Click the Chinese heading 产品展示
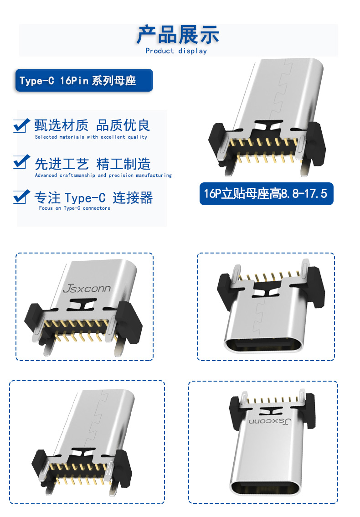coord(178,35)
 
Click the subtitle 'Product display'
coord(176,51)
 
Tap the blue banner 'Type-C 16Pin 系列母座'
coord(84,80)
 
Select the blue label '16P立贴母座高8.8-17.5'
coord(267,194)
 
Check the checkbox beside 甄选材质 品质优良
coord(21,126)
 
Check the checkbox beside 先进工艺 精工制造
coord(21,161)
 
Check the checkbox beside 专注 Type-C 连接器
coord(21,197)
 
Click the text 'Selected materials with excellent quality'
coord(91,137)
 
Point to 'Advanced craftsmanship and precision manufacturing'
coord(103,175)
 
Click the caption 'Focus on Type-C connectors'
coord(74,208)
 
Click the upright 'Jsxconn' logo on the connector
coord(87,289)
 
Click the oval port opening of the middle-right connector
coord(263,346)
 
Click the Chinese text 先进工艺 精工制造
coord(93,164)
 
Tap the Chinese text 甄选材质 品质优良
coord(93,126)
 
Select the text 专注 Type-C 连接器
coord(93,198)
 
